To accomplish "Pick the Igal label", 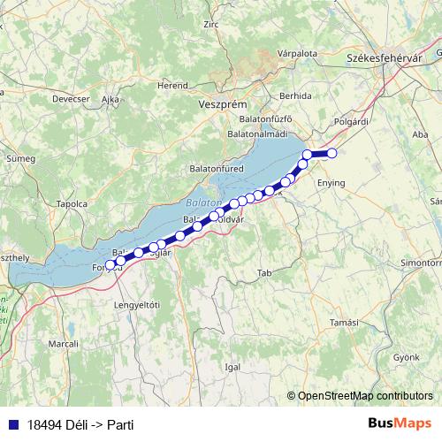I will pyautogui.click(x=232, y=365).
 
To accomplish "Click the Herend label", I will pyautogui.click(x=172, y=86).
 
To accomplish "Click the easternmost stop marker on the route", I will pyautogui.click(x=332, y=154).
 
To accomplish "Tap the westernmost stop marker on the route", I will pyautogui.click(x=110, y=265).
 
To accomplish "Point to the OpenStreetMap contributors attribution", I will pyautogui.click(x=365, y=396).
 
